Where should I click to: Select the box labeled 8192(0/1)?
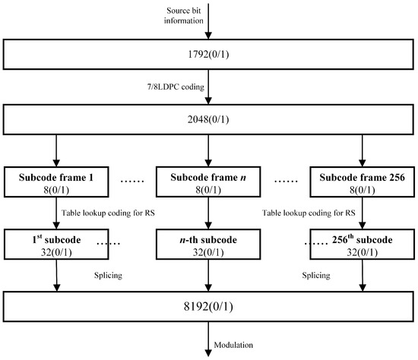click(x=208, y=309)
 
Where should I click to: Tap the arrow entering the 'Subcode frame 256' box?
click(x=359, y=147)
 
